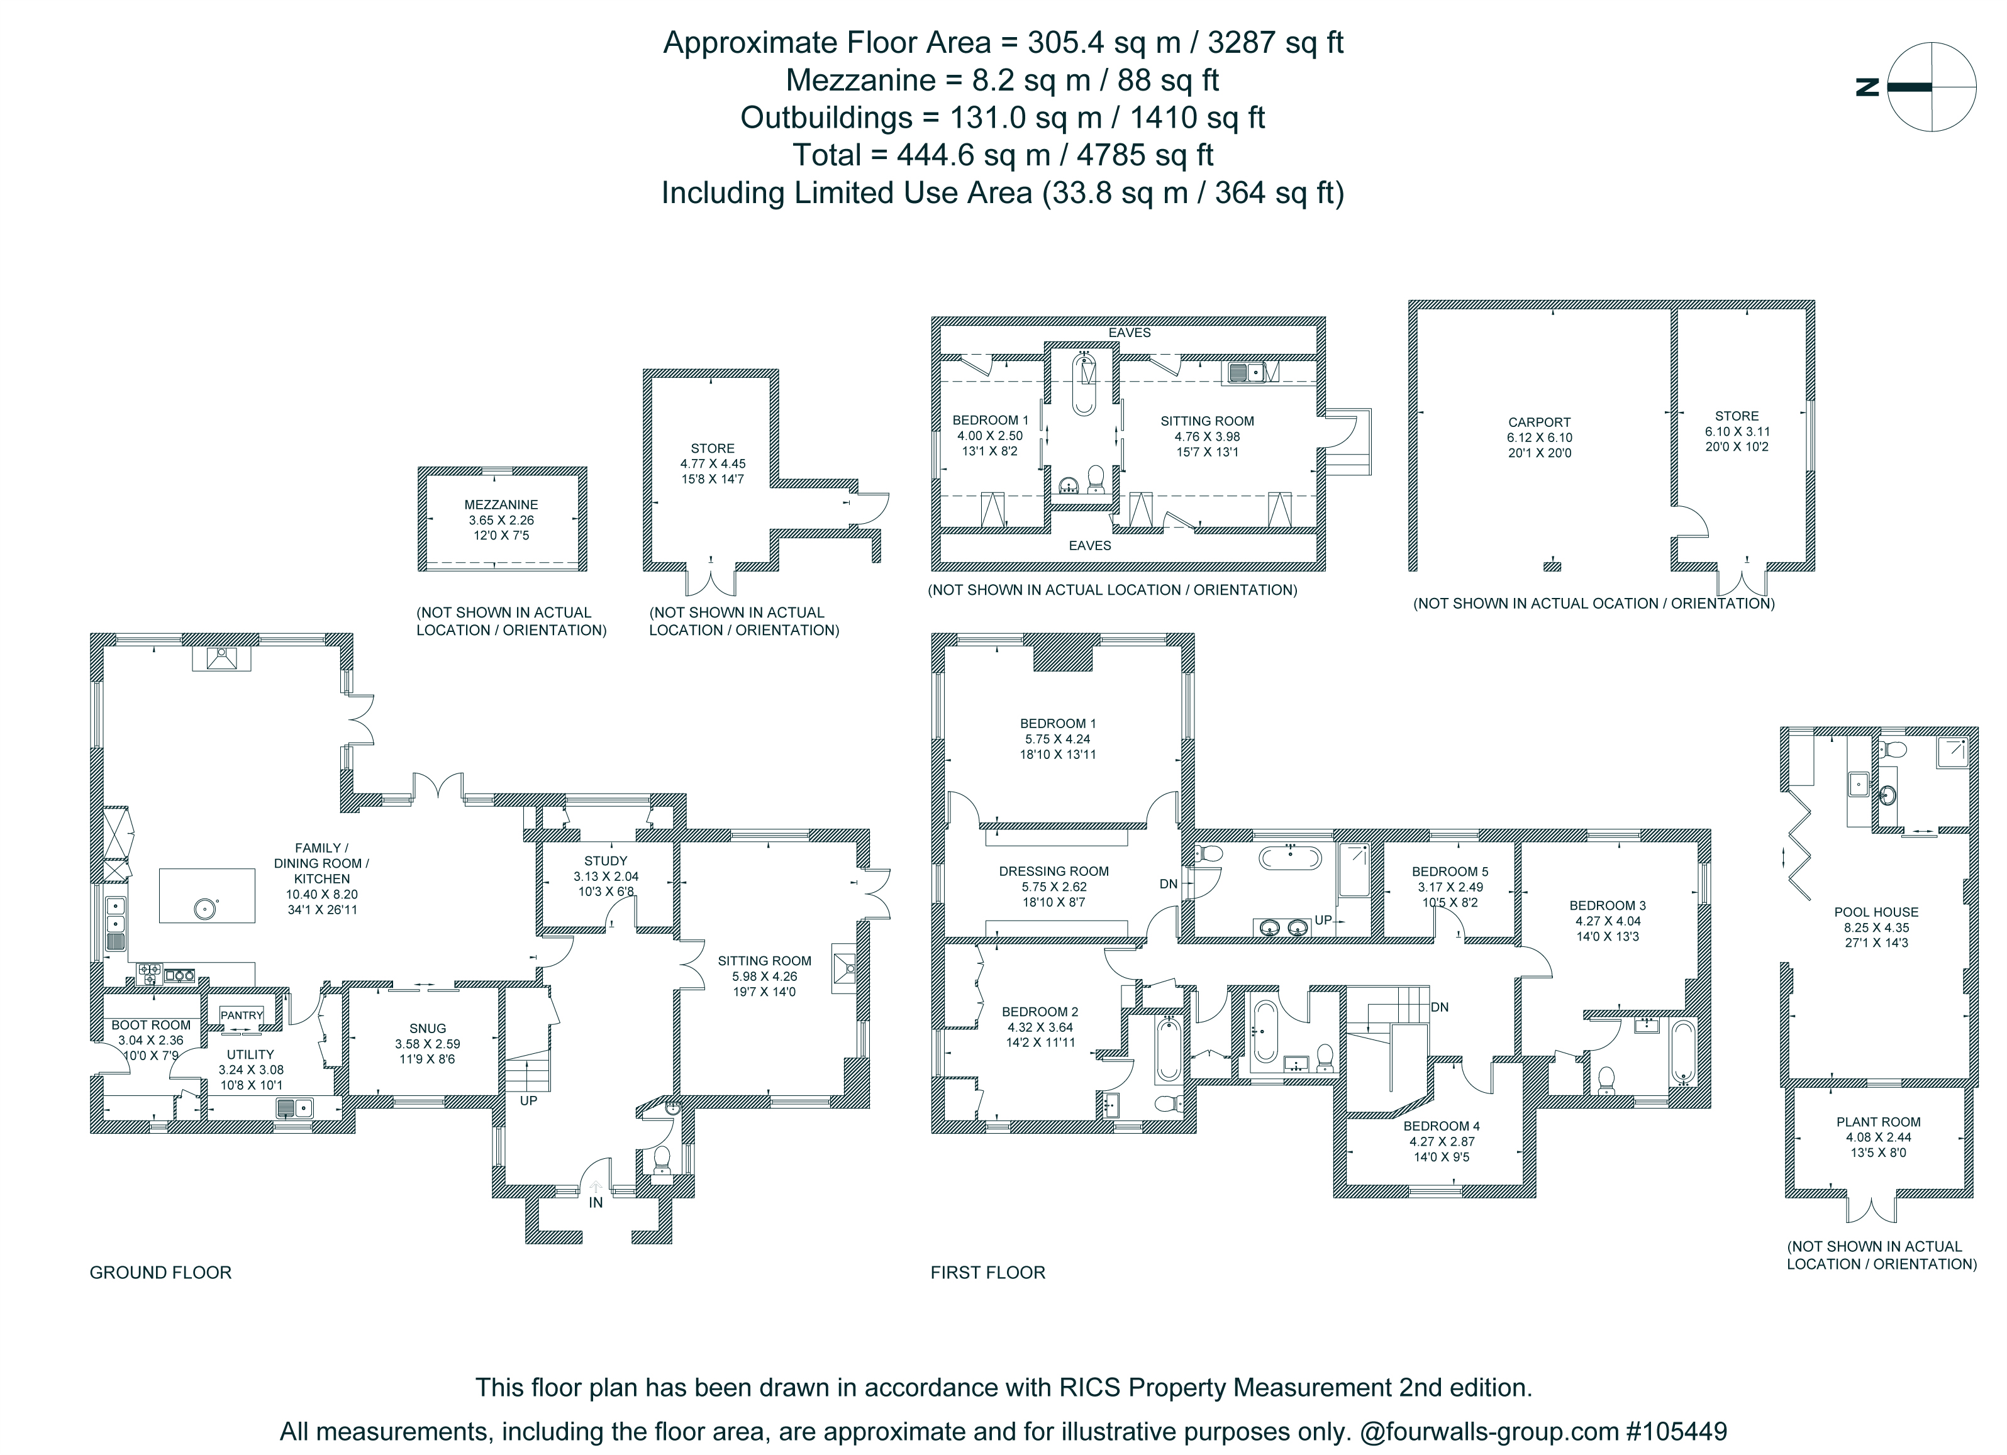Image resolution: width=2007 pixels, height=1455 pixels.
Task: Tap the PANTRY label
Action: click(242, 1015)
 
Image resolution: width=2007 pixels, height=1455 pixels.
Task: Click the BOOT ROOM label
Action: click(152, 1025)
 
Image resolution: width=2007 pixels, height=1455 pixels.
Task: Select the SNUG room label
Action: click(428, 1029)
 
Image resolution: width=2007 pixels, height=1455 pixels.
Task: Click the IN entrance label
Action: click(596, 1203)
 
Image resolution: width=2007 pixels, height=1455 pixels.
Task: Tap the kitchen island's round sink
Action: click(205, 907)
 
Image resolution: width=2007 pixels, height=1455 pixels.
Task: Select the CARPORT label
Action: click(1540, 423)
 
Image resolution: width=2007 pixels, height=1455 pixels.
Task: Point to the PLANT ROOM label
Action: click(1878, 1122)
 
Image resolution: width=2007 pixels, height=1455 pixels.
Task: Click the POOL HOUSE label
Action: click(1876, 912)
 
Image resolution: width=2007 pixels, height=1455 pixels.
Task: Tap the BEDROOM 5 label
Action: click(1450, 871)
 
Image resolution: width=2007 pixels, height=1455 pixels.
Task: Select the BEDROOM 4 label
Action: click(1442, 1126)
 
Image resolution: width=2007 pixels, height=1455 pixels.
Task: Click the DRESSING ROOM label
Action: click(1054, 871)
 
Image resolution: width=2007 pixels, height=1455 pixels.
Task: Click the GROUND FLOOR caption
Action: click(160, 1273)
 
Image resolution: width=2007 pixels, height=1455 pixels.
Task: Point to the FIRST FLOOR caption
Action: click(987, 1273)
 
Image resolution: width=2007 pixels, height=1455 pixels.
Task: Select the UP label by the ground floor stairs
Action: click(528, 1101)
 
